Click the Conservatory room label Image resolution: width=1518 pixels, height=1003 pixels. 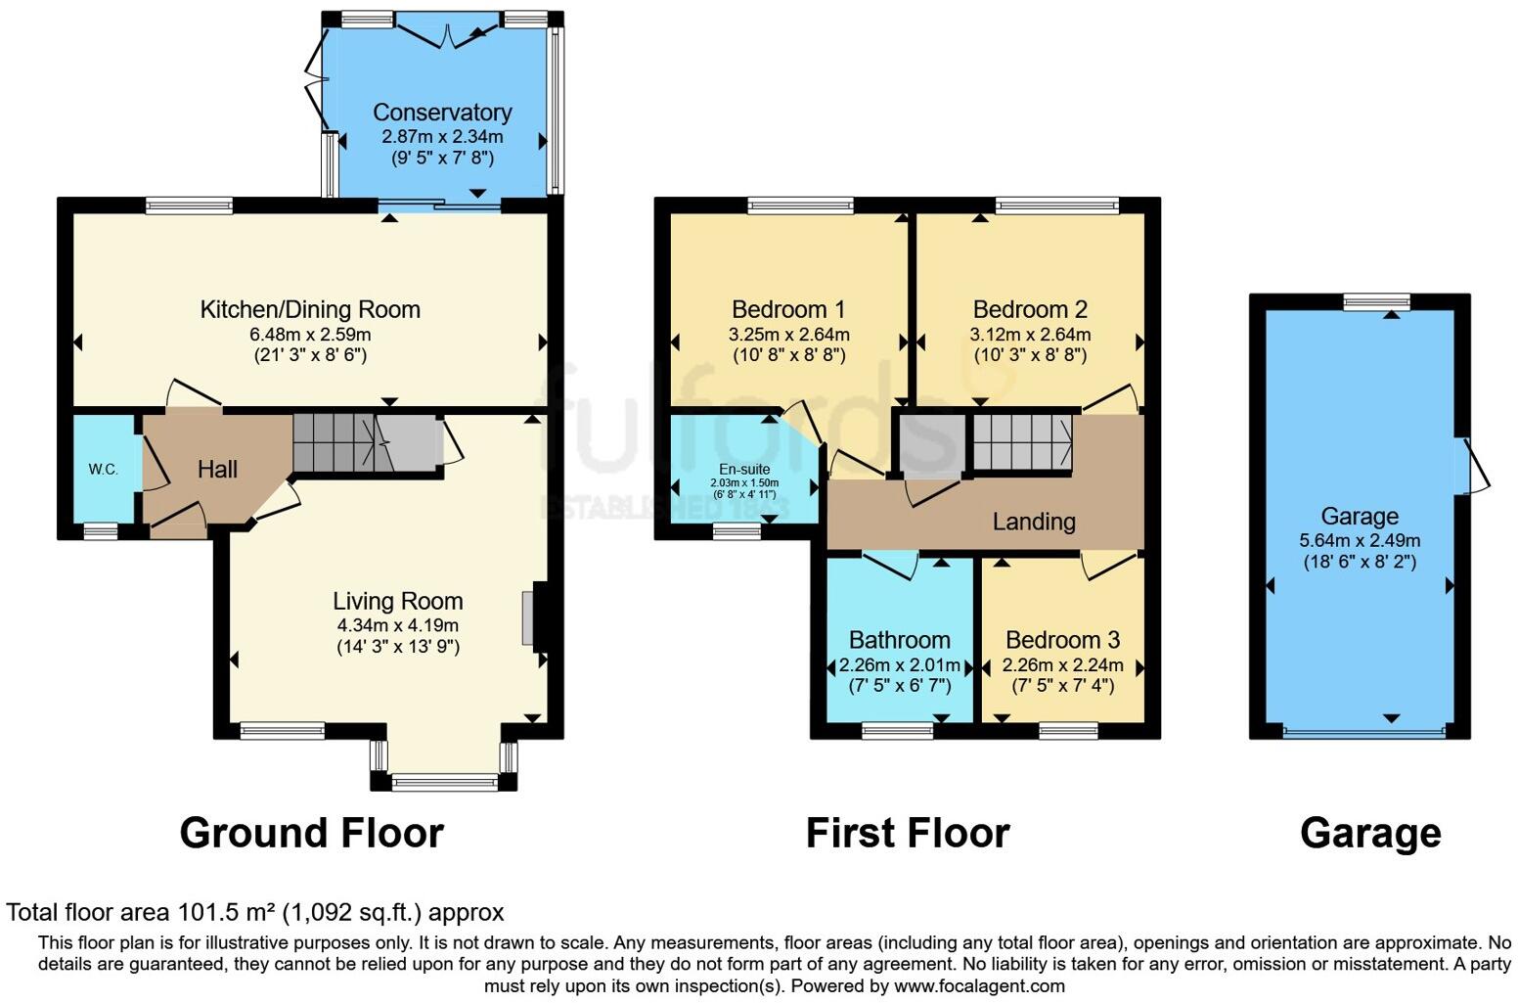[x=442, y=113]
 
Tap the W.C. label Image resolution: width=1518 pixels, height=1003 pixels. [x=104, y=470]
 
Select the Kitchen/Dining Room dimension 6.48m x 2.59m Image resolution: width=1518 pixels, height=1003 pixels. [x=310, y=334]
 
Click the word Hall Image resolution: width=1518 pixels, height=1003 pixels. [x=217, y=470]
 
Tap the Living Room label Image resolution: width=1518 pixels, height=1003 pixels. [x=397, y=601]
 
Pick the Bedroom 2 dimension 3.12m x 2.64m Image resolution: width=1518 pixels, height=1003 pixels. [x=1030, y=334]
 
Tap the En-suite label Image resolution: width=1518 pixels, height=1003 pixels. [x=744, y=470]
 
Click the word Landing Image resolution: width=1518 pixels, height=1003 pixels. [x=1034, y=522]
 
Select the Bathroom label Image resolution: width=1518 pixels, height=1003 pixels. [x=899, y=640]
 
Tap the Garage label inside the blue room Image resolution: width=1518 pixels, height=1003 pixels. [x=1360, y=516]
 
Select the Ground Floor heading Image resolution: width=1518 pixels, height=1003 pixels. [x=311, y=833]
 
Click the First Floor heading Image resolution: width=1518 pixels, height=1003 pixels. [x=907, y=833]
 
